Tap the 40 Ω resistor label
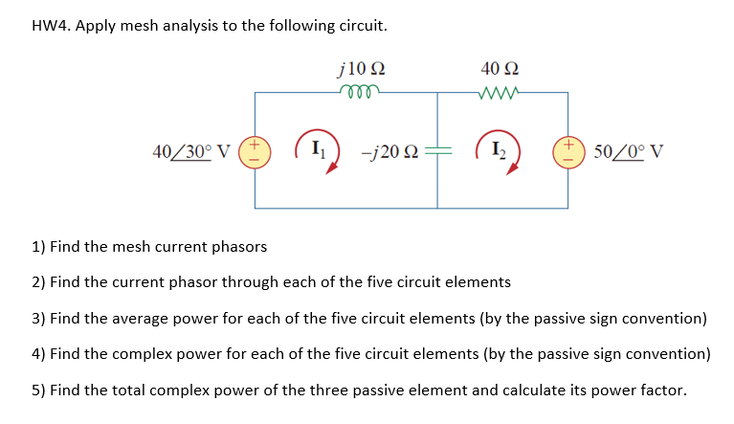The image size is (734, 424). click(501, 69)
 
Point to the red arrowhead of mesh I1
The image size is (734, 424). click(333, 168)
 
